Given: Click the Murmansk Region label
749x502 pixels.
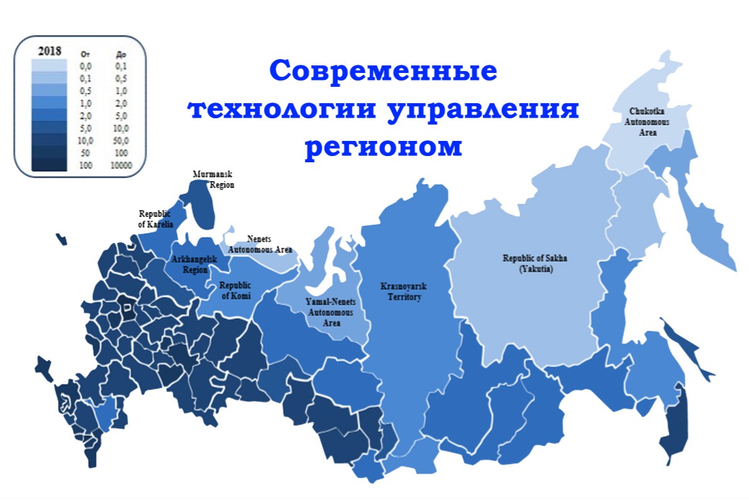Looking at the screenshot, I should tap(214, 180).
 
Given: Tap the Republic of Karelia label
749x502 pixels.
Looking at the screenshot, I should tap(155, 219).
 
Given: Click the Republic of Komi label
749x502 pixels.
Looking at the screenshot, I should tap(236, 290).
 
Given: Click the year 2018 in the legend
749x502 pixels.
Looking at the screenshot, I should tap(50, 51).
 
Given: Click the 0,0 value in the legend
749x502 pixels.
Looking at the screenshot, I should tap(85, 65).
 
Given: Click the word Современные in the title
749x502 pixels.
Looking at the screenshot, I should tap(383, 70).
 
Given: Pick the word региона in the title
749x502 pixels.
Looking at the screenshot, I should tap(383, 147).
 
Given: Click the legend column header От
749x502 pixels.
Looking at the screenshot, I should tap(85, 54).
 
